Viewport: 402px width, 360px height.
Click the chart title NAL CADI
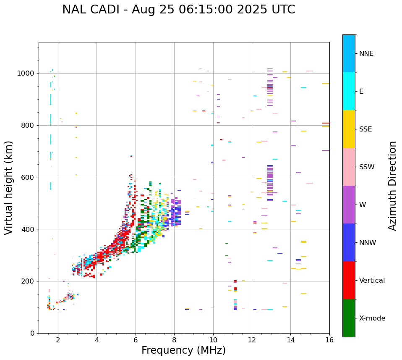[x=178, y=10]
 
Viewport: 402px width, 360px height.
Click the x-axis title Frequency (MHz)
[x=183, y=350]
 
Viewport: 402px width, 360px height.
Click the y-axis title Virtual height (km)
[x=9, y=187]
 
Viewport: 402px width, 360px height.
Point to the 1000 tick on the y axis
[x=28, y=73]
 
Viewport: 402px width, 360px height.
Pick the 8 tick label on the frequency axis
[x=174, y=340]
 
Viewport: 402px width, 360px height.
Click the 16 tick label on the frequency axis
[x=329, y=340]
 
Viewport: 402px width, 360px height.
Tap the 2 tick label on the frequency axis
[x=58, y=340]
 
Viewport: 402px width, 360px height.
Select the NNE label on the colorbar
[x=366, y=54]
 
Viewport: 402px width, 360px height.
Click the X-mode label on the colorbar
[x=372, y=318]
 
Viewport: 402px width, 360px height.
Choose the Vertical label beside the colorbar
[x=372, y=281]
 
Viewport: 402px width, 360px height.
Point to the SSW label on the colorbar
[x=367, y=167]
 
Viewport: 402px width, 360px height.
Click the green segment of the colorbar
[x=349, y=318]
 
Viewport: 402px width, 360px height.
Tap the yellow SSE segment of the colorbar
[x=349, y=129]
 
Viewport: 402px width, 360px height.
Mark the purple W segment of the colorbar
[x=349, y=205]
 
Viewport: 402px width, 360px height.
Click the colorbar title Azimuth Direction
[x=392, y=186]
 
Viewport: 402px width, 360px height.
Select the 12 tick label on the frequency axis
[x=252, y=340]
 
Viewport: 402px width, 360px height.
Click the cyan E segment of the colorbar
[x=349, y=91]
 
